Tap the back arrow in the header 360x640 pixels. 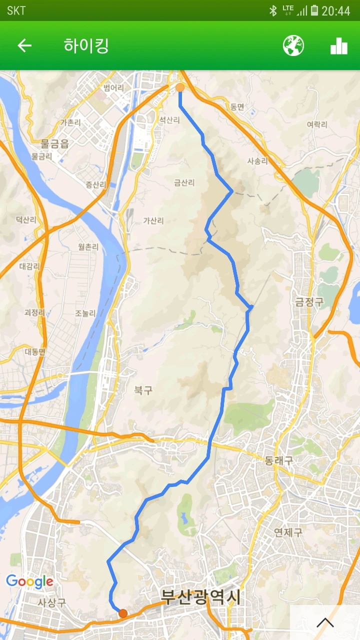(x=24, y=46)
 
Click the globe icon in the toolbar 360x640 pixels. (x=293, y=46)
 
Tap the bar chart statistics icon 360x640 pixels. (x=338, y=46)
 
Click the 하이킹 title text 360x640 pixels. (x=86, y=46)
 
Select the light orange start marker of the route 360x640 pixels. (x=180, y=88)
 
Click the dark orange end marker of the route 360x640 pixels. (x=123, y=613)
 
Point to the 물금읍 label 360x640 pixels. (x=54, y=144)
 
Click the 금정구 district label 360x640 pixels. (x=309, y=301)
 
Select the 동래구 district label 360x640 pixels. (x=279, y=460)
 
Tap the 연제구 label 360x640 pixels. (x=288, y=532)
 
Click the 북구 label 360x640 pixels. (x=143, y=390)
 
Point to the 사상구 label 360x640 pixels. (x=52, y=602)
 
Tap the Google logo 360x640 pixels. (x=29, y=581)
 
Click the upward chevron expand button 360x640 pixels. (x=325, y=622)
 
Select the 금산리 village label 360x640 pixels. (x=184, y=183)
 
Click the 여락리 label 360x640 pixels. (x=317, y=124)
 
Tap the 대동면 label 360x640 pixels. (x=35, y=351)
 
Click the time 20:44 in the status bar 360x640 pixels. (x=335, y=10)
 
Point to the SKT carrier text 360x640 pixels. (x=16, y=10)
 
